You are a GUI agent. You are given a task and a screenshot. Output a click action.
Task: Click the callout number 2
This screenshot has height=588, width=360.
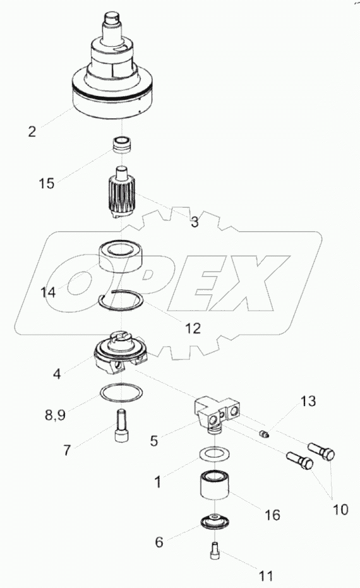[x=32, y=131]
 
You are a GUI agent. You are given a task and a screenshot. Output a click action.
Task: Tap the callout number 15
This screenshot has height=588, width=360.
[x=47, y=183]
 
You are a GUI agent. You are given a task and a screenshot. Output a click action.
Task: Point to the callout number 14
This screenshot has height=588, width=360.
[x=48, y=292]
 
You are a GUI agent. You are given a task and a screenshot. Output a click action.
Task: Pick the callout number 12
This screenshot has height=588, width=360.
[x=193, y=328]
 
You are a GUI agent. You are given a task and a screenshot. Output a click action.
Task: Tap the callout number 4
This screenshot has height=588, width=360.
[x=57, y=373]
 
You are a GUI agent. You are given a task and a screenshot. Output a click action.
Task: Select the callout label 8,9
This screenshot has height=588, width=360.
[x=55, y=415]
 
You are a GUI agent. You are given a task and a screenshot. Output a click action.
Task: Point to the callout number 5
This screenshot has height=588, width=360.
[x=153, y=441]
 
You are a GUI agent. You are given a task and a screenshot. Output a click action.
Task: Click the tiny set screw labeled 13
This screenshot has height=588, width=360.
[x=265, y=434]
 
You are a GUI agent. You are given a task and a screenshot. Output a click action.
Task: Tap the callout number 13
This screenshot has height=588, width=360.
[x=308, y=402]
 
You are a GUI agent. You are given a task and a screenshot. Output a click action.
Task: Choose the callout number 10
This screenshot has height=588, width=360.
[x=340, y=509]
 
